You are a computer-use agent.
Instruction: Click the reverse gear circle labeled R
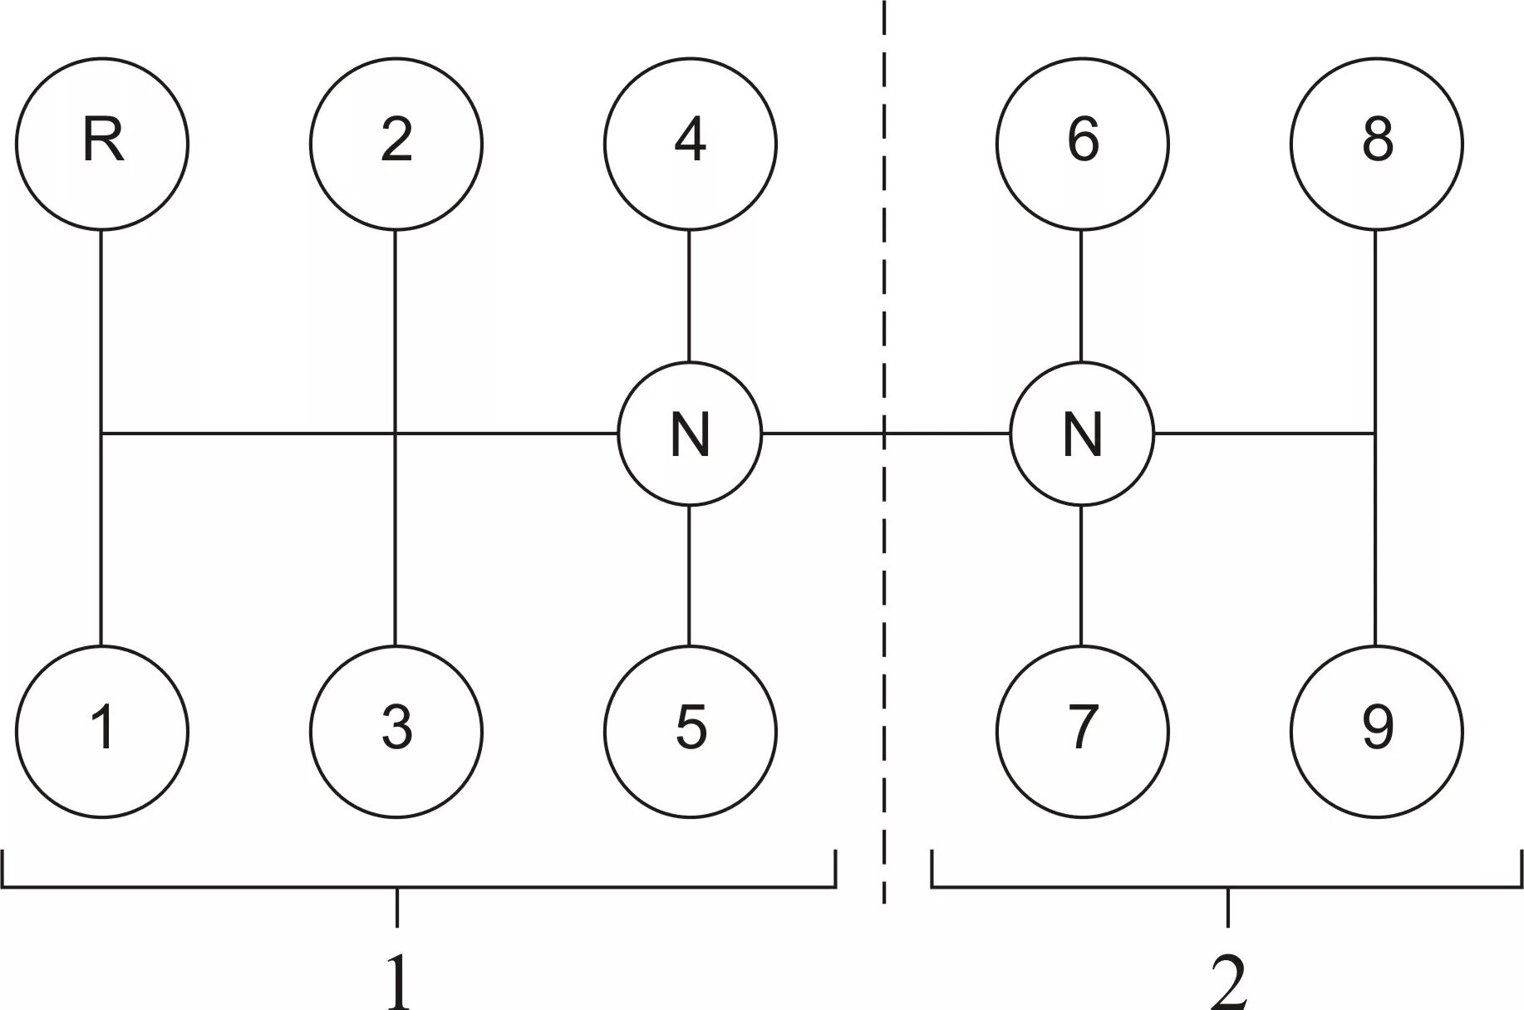click(x=102, y=144)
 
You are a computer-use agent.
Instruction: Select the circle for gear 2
click(x=396, y=144)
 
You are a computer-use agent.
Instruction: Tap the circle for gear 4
click(x=691, y=144)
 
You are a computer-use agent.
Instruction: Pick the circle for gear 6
click(x=1083, y=144)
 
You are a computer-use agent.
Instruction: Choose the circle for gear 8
click(x=1376, y=144)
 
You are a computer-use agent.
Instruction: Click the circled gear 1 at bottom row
click(x=102, y=732)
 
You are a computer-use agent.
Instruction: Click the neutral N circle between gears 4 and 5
click(x=690, y=434)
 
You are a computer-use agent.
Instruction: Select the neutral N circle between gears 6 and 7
click(x=1082, y=434)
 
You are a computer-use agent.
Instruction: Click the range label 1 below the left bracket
click(x=398, y=980)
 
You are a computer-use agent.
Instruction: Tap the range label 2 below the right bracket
click(x=1228, y=980)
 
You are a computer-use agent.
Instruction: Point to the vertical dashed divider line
click(x=884, y=249)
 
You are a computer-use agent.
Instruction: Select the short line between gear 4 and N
click(x=690, y=296)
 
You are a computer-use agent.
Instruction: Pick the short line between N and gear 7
click(x=1081, y=575)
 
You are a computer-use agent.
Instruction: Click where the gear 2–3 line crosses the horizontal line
click(x=395, y=434)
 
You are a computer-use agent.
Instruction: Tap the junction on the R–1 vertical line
click(x=101, y=434)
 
